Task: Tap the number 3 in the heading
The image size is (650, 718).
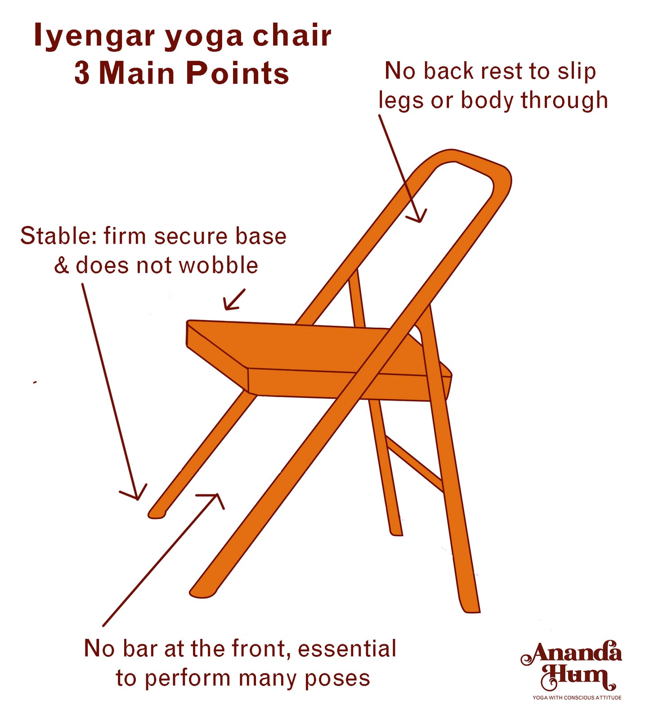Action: pos(82,73)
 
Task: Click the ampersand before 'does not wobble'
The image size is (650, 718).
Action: pos(61,266)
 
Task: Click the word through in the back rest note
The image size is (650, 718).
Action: pos(564,100)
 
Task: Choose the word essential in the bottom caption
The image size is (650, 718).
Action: pos(347,649)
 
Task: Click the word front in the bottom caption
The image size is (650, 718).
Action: pos(261,649)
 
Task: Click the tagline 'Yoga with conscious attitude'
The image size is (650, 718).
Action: pos(577,698)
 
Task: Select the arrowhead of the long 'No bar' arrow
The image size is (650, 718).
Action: pos(215,498)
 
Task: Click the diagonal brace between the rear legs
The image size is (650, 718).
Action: pos(414,464)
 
